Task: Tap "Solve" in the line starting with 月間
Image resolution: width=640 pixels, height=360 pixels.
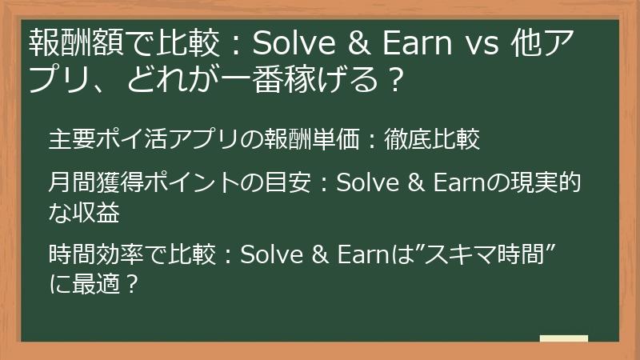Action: point(364,184)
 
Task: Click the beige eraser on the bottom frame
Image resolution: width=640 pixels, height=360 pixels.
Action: point(563,339)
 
